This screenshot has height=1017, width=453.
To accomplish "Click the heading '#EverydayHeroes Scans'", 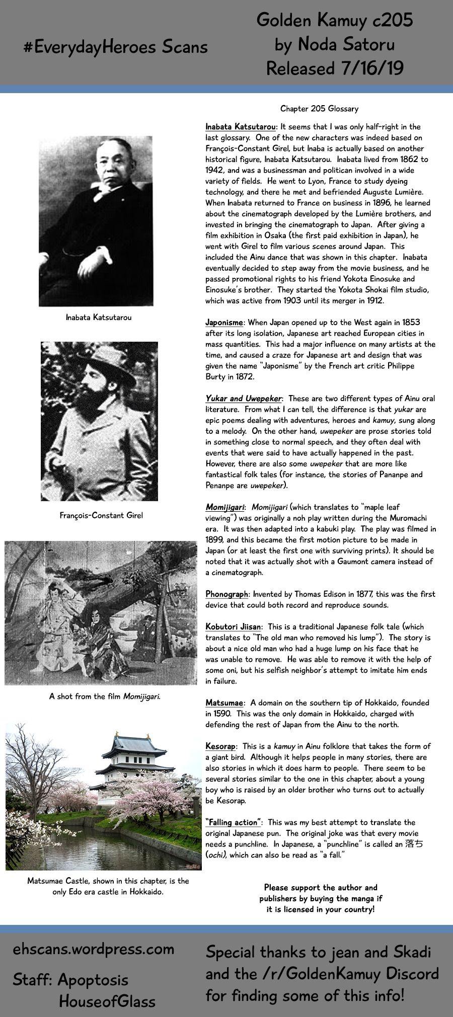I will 115,47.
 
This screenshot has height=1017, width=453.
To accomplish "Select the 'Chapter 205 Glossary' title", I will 319,109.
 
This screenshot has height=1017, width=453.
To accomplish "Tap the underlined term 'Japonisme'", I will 224,323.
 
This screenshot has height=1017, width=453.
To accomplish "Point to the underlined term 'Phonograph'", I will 227,594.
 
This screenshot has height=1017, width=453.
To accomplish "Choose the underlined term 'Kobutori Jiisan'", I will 233,627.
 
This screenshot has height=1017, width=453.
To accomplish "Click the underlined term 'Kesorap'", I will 220,746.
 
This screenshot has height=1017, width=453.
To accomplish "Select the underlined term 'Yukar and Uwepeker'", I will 244,399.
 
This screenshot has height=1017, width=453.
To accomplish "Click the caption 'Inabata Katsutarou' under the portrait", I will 99,318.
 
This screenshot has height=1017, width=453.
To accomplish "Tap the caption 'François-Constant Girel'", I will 101,515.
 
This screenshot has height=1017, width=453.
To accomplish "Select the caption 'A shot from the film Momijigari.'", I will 105,696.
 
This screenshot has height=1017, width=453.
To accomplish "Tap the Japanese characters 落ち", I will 414,844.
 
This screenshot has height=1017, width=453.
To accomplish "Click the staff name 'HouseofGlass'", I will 107,1001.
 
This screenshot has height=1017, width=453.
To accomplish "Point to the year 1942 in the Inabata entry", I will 215,170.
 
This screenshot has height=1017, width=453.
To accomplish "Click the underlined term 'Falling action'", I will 233,822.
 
